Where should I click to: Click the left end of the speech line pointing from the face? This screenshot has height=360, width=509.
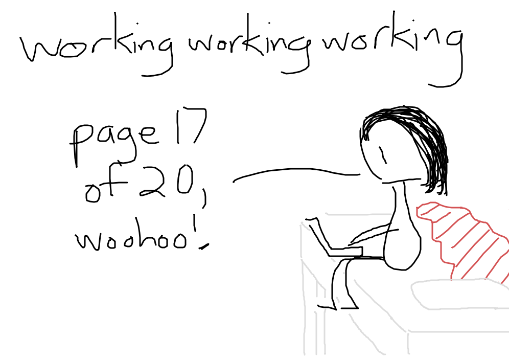(x=234, y=182)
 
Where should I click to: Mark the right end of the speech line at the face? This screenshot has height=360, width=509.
(x=360, y=175)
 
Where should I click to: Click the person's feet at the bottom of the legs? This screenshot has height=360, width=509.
(x=338, y=306)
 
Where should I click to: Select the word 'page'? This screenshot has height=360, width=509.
(x=115, y=143)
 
